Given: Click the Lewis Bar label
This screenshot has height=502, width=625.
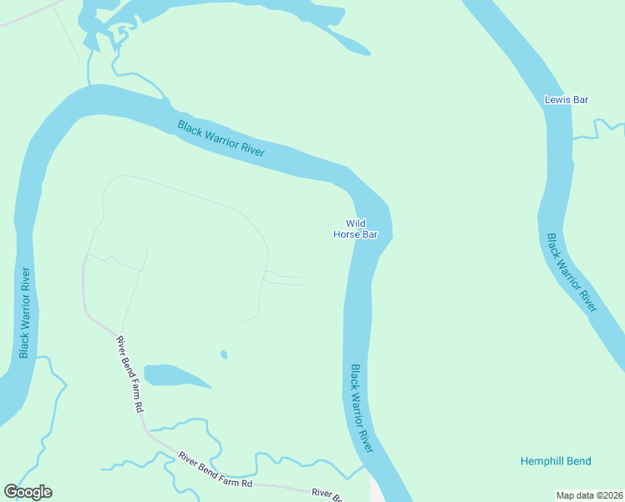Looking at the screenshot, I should pyautogui.click(x=566, y=100).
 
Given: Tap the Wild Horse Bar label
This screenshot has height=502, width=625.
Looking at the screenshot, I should pyautogui.click(x=356, y=229).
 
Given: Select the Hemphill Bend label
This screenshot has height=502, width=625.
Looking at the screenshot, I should pyautogui.click(x=556, y=461).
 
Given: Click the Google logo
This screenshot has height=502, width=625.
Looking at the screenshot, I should pyautogui.click(x=28, y=492).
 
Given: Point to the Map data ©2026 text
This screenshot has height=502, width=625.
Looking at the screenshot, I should pyautogui.click(x=590, y=495).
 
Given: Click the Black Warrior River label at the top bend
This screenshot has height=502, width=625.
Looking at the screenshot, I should pyautogui.click(x=221, y=138).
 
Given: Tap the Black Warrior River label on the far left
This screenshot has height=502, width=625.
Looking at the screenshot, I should pyautogui.click(x=25, y=312).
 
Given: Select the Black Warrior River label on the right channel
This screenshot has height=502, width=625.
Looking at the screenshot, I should pyautogui.click(x=572, y=273).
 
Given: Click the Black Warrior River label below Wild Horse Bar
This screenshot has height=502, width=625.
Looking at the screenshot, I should pyautogui.click(x=362, y=408).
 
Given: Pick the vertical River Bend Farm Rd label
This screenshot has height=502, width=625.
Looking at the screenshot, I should pyautogui.click(x=130, y=374).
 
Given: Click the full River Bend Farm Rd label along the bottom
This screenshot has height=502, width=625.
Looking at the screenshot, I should pyautogui.click(x=216, y=470).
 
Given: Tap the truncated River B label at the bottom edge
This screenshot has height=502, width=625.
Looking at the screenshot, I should pyautogui.click(x=327, y=495).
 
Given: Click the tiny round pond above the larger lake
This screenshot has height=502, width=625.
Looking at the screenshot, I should pyautogui.click(x=224, y=355).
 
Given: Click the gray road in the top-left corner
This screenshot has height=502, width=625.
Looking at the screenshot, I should pyautogui.click(x=29, y=15).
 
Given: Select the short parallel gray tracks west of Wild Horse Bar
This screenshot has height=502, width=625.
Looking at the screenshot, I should pyautogui.click(x=284, y=279).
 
